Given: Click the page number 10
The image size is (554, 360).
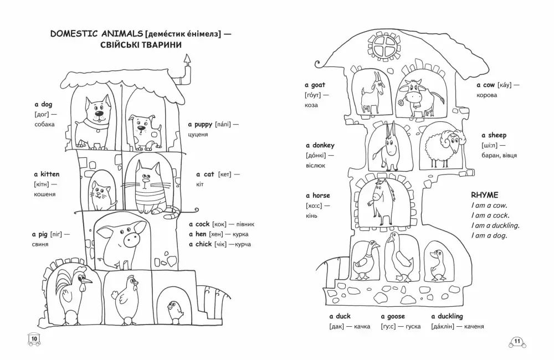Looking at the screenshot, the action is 34,339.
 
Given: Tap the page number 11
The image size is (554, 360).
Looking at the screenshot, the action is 517,341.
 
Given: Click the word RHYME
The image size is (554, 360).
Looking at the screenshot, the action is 484,195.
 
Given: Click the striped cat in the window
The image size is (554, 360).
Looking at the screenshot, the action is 150,188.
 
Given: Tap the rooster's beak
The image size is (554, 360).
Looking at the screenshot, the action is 88,281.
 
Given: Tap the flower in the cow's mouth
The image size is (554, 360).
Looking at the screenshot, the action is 401,103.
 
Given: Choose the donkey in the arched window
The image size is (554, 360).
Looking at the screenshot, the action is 387,147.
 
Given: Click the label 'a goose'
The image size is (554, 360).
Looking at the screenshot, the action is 393,317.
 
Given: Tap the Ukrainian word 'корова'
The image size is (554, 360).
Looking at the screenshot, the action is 486,95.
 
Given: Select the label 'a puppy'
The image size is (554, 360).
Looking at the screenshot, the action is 200,125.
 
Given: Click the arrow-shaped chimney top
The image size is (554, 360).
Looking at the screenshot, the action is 187,59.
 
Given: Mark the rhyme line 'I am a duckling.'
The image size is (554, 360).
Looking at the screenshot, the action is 495,225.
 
